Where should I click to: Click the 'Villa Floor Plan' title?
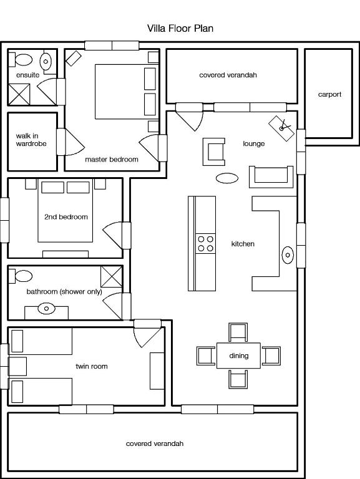click(x=180, y=29)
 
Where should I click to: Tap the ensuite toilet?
click(x=21, y=60)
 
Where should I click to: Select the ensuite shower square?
click(x=19, y=94)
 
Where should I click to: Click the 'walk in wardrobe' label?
click(x=31, y=140)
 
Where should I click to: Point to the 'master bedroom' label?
click(x=112, y=159)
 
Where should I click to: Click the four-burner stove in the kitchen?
click(x=205, y=243)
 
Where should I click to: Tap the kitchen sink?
click(x=288, y=254)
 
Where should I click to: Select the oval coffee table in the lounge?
click(x=227, y=178)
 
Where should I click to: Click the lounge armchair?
click(x=214, y=152)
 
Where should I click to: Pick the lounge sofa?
click(x=271, y=177)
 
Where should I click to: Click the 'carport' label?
click(x=329, y=94)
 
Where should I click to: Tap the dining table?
click(x=239, y=356)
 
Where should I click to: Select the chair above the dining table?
click(x=238, y=332)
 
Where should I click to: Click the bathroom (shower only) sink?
click(x=46, y=309)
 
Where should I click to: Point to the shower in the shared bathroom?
click(x=112, y=277)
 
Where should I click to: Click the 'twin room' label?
click(x=92, y=366)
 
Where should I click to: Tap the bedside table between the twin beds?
click(x=17, y=366)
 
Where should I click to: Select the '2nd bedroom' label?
click(x=66, y=217)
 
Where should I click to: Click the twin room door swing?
click(x=147, y=337)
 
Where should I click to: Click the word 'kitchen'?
click(x=243, y=244)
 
